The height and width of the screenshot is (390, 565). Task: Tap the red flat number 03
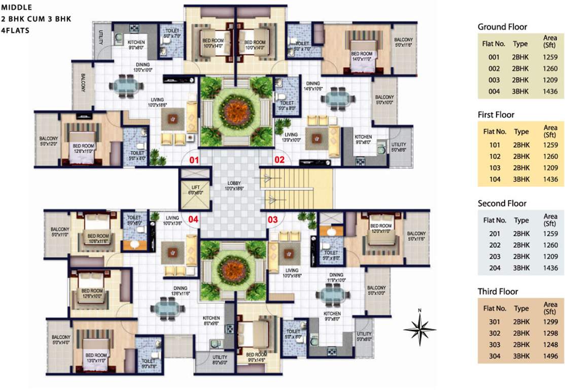coord(273,220)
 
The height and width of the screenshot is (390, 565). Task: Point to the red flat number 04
coord(193,220)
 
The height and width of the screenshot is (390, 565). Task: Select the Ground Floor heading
coord(502,27)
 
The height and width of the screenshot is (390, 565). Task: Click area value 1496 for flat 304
coord(550,356)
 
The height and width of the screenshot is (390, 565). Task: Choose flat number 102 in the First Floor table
coord(494,156)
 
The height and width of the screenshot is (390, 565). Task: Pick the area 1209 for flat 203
coord(550,256)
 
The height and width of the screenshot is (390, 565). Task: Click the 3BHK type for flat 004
coord(521,91)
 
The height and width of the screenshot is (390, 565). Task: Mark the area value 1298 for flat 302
coord(550,334)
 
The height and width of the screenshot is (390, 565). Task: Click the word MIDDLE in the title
coord(16,8)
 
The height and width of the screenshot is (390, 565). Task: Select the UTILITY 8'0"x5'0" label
coord(220,360)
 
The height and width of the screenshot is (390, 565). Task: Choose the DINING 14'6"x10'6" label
coord(313,86)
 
